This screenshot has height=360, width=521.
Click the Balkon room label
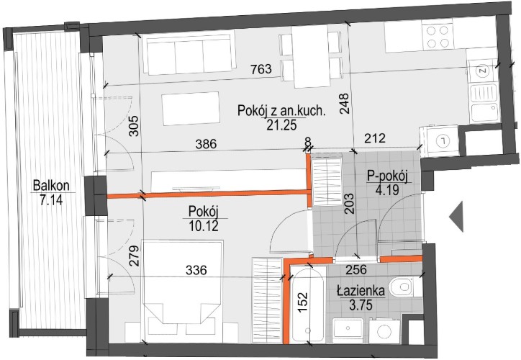click(x=51, y=186)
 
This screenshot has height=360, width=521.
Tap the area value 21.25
click(x=281, y=125)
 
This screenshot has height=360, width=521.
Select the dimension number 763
click(x=261, y=69)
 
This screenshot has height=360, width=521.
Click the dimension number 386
click(x=206, y=144)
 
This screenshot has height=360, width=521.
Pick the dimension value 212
click(x=375, y=138)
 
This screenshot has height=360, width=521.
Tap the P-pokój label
click(x=387, y=176)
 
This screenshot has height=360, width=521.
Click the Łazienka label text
click(x=361, y=291)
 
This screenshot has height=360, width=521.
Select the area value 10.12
click(x=204, y=226)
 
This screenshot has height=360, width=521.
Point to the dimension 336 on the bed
click(x=196, y=270)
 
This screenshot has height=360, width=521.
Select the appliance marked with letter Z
click(x=482, y=71)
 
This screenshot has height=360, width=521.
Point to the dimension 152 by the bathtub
click(x=302, y=302)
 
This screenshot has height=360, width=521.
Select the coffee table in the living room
click(x=191, y=109)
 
